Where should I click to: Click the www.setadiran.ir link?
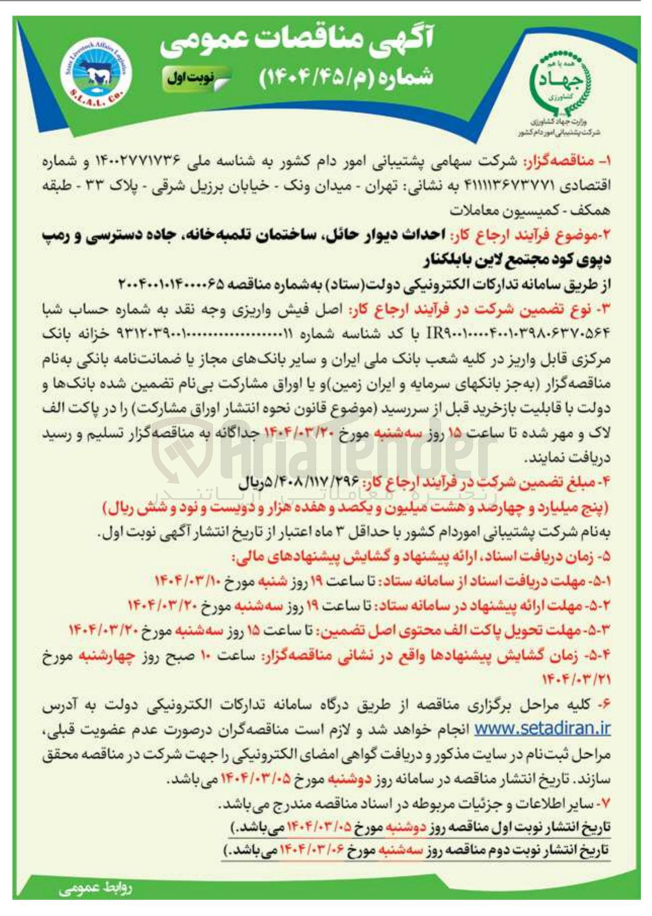542,728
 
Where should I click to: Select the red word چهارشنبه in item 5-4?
106,655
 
